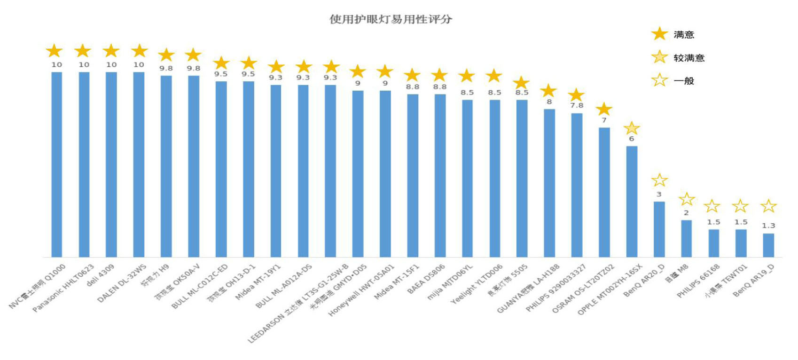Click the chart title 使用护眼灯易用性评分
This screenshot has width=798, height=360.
coord(391,19)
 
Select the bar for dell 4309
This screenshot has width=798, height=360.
coord(111,164)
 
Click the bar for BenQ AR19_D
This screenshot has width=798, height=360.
coord(768,245)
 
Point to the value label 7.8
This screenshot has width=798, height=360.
coord(577,105)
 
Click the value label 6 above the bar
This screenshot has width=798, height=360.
coord(632,139)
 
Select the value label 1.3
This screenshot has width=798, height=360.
coord(768,226)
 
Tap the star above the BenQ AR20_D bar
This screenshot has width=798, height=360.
coord(659,180)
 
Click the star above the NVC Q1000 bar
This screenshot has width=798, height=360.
coord(55,51)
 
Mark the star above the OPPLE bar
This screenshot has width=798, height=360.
coord(632,128)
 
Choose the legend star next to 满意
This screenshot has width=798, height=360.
coord(659,34)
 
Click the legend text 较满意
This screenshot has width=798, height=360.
coord(689,58)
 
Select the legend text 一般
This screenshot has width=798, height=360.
coord(684,81)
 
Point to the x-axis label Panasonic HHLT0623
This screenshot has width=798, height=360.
coord(64,288)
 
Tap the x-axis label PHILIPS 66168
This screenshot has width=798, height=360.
coord(698,281)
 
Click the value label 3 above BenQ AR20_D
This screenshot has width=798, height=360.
coord(659,194)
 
